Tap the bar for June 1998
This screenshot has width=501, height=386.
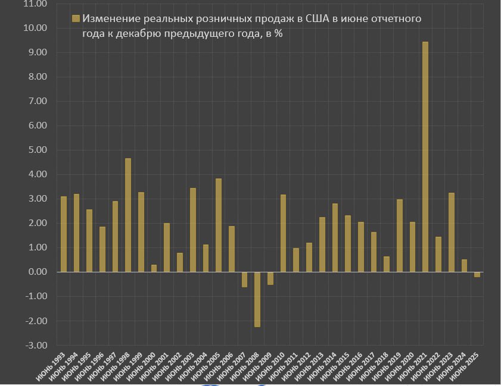pyautogui.click(x=128, y=215)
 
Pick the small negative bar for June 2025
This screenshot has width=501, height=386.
pyautogui.click(x=477, y=274)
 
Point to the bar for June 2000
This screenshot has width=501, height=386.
pyautogui.click(x=154, y=268)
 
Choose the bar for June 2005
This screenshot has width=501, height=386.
pyautogui.click(x=219, y=225)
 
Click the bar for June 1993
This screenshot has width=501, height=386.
pyautogui.click(x=64, y=234)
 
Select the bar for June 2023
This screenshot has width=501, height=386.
pyautogui.click(x=451, y=232)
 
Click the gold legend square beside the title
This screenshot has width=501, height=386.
pyautogui.click(x=74, y=19)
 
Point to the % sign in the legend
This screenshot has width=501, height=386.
pyautogui.click(x=278, y=34)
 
